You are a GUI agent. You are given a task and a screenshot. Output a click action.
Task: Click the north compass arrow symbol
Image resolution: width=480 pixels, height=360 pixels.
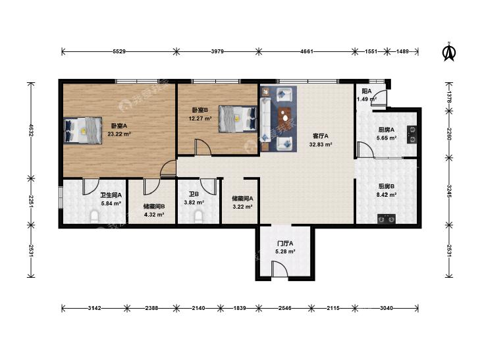pos(449,53)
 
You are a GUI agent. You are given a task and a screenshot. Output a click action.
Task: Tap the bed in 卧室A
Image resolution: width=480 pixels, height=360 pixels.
pos(83,130)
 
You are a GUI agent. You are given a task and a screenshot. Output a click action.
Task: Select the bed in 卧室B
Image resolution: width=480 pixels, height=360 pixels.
pos(238,118)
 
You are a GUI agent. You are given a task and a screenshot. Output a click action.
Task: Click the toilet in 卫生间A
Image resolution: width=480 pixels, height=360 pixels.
pos(95,217)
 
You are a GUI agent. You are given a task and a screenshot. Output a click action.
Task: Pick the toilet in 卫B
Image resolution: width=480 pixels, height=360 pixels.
pos(199,217)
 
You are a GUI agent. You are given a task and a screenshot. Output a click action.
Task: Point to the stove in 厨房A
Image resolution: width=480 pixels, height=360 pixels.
pos(412,134)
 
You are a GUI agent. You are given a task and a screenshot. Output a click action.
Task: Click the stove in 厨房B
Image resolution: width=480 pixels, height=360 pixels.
pos(387,219)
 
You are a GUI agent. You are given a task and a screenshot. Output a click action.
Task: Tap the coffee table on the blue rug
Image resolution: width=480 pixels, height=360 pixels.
pos(284,117)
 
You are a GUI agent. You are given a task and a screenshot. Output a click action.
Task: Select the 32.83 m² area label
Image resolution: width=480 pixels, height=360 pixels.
pos(321,144)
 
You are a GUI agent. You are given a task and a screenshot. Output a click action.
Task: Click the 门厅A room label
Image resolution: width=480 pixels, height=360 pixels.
pos(285,244)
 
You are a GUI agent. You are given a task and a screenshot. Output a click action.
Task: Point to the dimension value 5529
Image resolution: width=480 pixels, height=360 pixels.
pos(119,51)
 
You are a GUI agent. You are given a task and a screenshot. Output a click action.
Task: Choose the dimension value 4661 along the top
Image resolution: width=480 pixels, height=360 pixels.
pos(307,51)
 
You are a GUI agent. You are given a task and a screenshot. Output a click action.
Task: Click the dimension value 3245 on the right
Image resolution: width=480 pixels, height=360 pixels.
pos(449,191)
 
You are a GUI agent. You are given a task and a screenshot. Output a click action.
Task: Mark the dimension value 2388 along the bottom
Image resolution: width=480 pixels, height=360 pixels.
pos(151,308)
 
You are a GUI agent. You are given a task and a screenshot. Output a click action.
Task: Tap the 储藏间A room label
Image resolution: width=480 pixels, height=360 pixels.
pos(242,199)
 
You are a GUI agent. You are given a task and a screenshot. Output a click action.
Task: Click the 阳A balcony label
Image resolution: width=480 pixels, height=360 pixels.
pos(367,91)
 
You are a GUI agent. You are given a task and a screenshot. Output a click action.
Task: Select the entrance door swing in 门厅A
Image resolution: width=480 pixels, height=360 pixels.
pos(279,269)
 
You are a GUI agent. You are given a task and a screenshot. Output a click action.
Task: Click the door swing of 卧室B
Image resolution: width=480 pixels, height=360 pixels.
pos(203,147)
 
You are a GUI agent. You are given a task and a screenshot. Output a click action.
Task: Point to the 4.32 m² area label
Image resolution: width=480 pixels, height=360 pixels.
pos(154,215)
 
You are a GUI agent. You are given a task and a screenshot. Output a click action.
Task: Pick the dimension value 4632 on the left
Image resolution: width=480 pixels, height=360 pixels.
pos(30,130)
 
